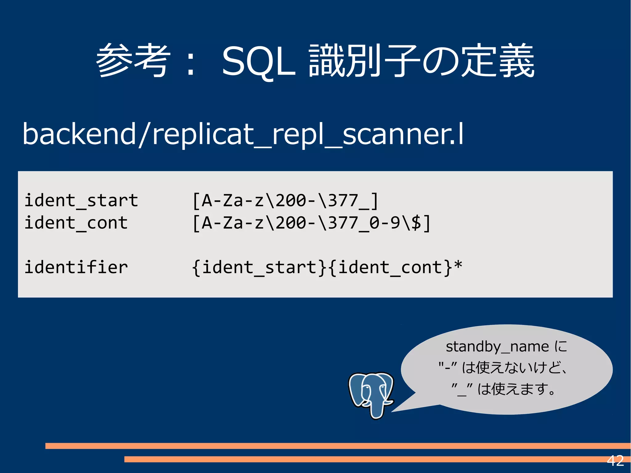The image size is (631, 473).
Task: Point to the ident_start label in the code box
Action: click(81, 201)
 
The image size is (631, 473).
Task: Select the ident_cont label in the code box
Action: click(76, 223)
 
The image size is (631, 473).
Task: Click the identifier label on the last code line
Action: click(76, 267)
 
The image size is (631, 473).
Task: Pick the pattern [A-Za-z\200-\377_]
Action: click(285, 201)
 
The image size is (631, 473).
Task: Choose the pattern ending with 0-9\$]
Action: click(311, 223)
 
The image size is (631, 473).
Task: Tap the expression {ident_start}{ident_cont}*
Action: click(327, 267)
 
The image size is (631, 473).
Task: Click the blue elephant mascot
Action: click(371, 394)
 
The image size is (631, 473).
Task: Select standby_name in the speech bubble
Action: click(497, 347)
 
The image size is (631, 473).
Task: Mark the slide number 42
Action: click(615, 461)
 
